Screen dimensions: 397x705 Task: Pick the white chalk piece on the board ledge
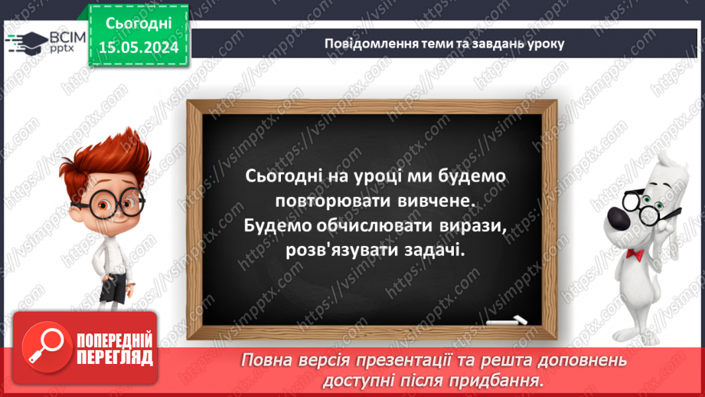point(512,318)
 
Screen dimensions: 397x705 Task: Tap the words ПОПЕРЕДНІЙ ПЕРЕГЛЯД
point(113,349)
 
